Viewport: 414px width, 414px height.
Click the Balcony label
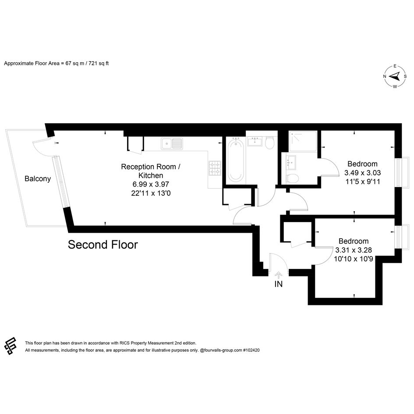point(38,179)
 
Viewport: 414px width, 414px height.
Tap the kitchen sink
point(172,143)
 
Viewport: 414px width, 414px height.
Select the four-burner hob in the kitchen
point(215,169)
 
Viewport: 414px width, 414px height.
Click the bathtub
point(236,160)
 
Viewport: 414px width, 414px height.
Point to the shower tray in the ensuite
point(303,141)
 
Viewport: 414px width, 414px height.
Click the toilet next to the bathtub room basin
point(270,142)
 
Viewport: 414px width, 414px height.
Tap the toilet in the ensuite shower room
point(292,179)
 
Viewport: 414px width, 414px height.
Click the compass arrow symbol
point(395,77)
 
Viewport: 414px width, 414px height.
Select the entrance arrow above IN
point(278,276)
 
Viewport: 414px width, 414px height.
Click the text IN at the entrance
point(279,284)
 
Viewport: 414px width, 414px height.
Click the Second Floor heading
point(103,245)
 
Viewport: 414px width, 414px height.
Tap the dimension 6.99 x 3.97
point(151,184)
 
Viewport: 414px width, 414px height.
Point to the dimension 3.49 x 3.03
point(362,173)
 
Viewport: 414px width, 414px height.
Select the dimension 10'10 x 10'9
point(354,259)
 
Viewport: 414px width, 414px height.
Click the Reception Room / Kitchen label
point(151,171)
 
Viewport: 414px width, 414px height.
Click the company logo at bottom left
point(11,346)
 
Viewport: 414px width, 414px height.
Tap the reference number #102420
point(251,350)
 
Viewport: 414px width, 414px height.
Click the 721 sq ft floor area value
point(99,64)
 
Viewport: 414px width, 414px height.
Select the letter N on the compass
point(385,77)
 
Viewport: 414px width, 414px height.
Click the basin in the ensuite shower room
point(291,163)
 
